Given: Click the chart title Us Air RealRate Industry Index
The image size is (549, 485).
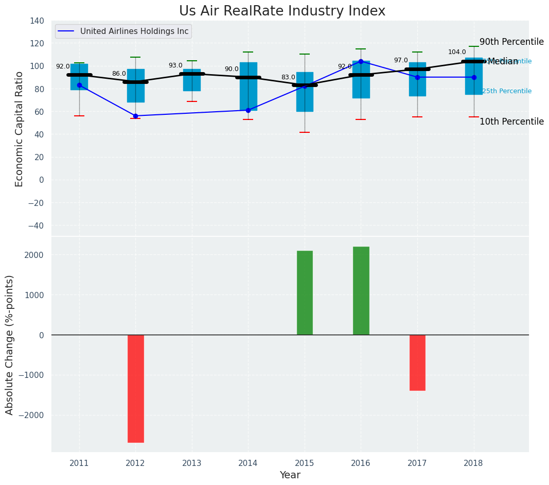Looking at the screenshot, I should pyautogui.click(x=282, y=11).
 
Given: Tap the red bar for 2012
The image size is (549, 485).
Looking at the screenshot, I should pyautogui.click(x=136, y=388).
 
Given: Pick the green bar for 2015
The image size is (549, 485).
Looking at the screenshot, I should pyautogui.click(x=305, y=292).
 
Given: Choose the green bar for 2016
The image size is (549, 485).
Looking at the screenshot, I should pyautogui.click(x=361, y=290).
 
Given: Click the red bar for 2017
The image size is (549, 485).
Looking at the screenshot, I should pyautogui.click(x=417, y=362).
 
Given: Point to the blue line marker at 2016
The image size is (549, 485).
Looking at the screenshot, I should pyautogui.click(x=361, y=61).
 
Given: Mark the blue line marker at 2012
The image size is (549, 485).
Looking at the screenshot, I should pyautogui.click(x=135, y=116).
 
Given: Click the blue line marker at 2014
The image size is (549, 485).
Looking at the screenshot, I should pyautogui.click(x=248, y=110).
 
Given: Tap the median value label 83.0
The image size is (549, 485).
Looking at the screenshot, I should pyautogui.click(x=288, y=78).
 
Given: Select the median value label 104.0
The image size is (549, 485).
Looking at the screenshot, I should pyautogui.click(x=457, y=52).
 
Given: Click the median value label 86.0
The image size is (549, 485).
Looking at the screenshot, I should pyautogui.click(x=119, y=74).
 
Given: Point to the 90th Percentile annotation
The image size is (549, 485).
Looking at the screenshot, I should pyautogui.click(x=511, y=42).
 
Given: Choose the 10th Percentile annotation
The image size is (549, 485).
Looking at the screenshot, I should pyautogui.click(x=511, y=122).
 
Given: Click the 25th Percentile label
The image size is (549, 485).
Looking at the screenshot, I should pyautogui.click(x=507, y=92).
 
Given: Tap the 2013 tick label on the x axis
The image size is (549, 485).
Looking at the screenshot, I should pyautogui.click(x=192, y=463).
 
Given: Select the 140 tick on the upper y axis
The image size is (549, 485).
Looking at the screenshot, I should pyautogui.click(x=37, y=21).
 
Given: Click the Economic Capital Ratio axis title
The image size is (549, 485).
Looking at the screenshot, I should pyautogui.click(x=20, y=129).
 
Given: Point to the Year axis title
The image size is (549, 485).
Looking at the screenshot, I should pyautogui.click(x=290, y=475).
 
